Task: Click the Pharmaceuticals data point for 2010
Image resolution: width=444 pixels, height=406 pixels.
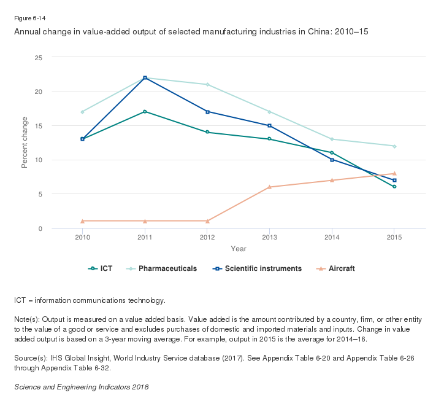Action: click(82, 112)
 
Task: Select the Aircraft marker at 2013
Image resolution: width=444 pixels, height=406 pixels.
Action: click(270, 187)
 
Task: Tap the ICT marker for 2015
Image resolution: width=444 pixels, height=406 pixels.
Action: click(394, 186)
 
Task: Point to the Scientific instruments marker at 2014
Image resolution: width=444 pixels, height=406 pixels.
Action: click(332, 160)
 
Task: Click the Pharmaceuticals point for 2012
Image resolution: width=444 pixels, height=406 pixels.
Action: click(207, 84)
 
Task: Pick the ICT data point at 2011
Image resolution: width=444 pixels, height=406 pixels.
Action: click(145, 112)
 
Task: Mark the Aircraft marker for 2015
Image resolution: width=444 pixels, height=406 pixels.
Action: click(394, 173)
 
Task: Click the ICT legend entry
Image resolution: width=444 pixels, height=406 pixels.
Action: click(101, 268)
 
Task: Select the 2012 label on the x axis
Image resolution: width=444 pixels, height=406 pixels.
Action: click(207, 236)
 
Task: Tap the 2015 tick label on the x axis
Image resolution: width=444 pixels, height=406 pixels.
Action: click(394, 236)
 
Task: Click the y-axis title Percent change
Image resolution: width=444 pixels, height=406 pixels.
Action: click(25, 142)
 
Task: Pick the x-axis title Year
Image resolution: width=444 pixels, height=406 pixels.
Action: click(239, 249)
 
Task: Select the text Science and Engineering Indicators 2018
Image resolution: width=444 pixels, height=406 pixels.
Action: click(81, 388)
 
